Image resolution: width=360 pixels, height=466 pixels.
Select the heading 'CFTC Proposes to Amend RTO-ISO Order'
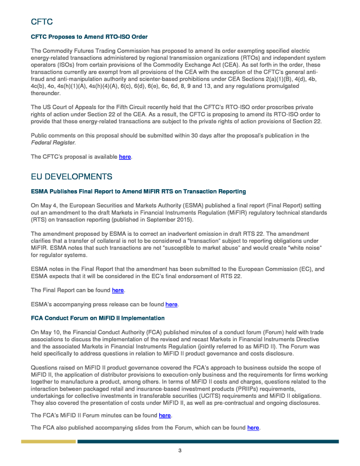click(x=88, y=37)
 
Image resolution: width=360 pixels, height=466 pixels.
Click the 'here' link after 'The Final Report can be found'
click(x=118, y=290)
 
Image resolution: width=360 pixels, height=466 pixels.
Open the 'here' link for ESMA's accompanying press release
click(x=171, y=304)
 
